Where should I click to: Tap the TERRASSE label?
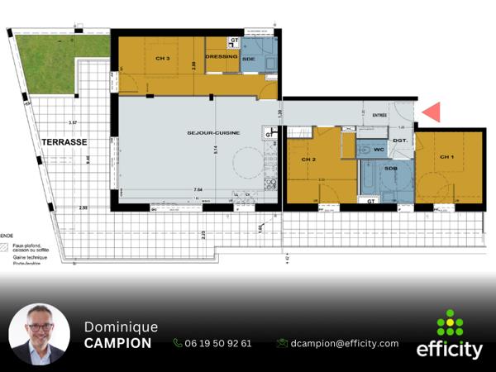pyautogui.click(x=64, y=142)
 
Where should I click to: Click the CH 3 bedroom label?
pyautogui.click(x=162, y=60)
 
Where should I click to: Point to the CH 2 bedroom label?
pyautogui.click(x=308, y=159)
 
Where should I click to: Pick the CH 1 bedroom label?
pyautogui.click(x=446, y=157)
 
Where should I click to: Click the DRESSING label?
pyautogui.click(x=222, y=57)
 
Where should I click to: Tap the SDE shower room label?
pyautogui.click(x=248, y=60)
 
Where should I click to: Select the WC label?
pyautogui.click(x=379, y=150)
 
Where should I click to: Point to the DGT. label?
pyautogui.click(x=400, y=141)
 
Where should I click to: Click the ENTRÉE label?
pyautogui.click(x=379, y=116)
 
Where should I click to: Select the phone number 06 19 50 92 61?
pyautogui.click(x=218, y=343)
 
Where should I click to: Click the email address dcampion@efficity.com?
pyautogui.click(x=346, y=343)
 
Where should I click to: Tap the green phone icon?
pyautogui.click(x=178, y=343)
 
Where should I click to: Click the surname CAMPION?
pyautogui.click(x=117, y=343)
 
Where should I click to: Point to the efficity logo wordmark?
pyautogui.click(x=450, y=350)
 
